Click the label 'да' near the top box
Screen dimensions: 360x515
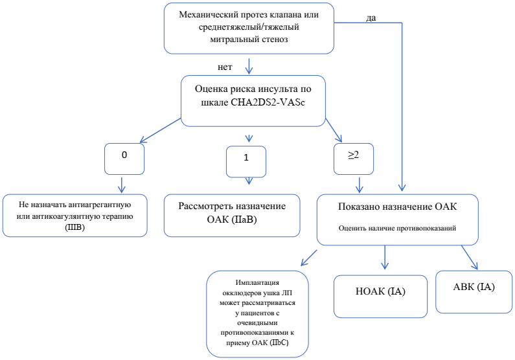coord(371,17)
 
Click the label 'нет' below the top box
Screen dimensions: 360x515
coord(225,67)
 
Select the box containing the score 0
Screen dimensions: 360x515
coord(124,157)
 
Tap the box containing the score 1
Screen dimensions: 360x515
coord(246,160)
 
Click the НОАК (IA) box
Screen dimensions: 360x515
coord(380,292)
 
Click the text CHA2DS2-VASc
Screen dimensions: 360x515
coord(273,102)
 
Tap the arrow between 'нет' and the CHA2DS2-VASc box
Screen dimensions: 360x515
coord(249,67)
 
